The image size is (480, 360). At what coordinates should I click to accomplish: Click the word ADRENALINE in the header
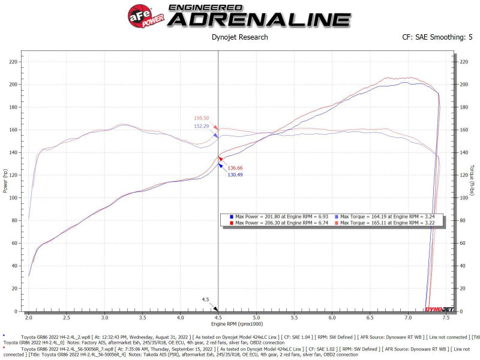(x=259, y=19)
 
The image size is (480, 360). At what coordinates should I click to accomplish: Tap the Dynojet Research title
(x=240, y=37)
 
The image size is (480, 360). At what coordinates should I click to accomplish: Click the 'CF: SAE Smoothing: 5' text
(x=437, y=37)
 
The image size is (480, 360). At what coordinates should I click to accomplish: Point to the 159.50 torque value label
(x=202, y=118)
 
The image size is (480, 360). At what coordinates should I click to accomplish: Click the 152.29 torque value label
(x=202, y=126)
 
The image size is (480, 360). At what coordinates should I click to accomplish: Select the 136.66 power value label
(x=235, y=167)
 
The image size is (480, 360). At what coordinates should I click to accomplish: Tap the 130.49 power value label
(x=235, y=175)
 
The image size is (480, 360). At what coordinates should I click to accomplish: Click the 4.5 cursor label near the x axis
(x=205, y=299)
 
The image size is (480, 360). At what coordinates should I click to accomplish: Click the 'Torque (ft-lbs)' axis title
(x=473, y=181)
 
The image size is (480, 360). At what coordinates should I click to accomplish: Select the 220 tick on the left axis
(x=13, y=61)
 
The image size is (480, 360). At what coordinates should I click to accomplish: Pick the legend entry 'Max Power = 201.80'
(x=282, y=215)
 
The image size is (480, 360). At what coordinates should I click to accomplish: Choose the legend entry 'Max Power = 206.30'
(x=282, y=223)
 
